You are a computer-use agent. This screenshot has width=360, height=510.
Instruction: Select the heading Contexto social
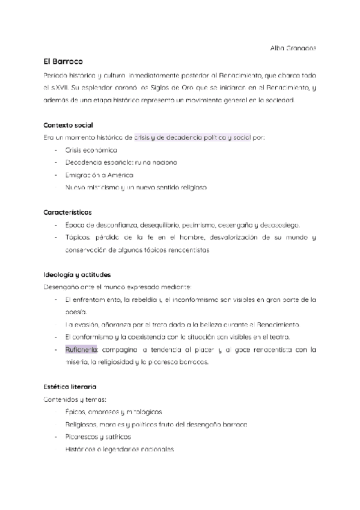[68, 124]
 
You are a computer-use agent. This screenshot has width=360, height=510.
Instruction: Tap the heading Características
[67, 212]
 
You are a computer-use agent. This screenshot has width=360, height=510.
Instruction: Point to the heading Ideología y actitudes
[76, 274]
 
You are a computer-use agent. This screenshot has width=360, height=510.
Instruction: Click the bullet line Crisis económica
[91, 150]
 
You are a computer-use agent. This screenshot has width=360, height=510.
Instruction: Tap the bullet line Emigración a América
[100, 175]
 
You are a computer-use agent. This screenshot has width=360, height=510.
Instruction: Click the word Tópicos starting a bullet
[79, 238]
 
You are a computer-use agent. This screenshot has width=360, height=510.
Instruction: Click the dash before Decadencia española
[56, 162]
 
